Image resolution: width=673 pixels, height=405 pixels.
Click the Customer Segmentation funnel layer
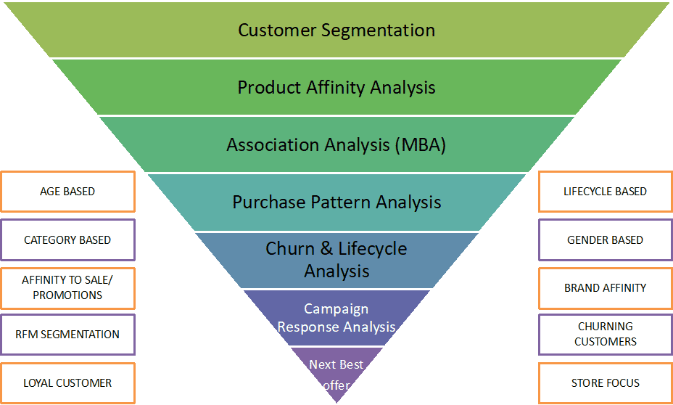pos(336,30)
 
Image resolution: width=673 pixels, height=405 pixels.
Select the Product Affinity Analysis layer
pos(336,88)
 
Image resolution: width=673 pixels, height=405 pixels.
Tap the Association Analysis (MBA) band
pos(336,144)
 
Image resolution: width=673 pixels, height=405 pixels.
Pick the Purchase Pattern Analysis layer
pos(336,202)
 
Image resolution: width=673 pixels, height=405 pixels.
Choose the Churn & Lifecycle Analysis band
pos(336,260)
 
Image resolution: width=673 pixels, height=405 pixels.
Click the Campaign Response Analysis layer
pos(336,318)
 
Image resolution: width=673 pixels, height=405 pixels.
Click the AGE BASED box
pos(67,192)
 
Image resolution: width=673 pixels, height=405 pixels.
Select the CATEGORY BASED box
pos(67,240)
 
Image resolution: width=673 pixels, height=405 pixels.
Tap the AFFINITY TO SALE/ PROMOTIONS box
pos(67,287)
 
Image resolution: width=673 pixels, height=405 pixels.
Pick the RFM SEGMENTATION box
pos(67,335)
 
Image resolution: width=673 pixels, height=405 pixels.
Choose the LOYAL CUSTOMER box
pos(67,383)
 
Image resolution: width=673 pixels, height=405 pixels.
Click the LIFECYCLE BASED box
pos(605,192)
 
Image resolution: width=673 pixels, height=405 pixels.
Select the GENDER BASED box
pos(605,240)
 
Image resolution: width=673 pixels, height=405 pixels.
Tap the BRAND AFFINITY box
pos(605,288)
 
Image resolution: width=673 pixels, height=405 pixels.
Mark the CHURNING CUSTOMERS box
pos(605,334)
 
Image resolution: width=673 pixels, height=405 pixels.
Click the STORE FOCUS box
pos(605,383)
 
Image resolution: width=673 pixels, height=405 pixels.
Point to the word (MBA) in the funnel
pos(420,144)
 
